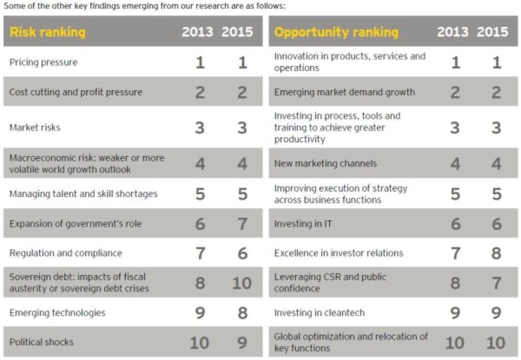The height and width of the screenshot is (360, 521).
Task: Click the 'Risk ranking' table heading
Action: [x=47, y=32]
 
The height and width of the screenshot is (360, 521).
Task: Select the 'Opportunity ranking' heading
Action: [x=336, y=32]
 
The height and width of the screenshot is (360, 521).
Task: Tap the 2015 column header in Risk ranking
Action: [x=237, y=32]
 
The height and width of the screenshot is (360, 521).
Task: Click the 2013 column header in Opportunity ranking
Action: [x=452, y=32]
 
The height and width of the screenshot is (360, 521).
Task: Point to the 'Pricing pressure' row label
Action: [x=43, y=62]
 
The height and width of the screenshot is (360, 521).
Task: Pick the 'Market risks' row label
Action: [x=35, y=128]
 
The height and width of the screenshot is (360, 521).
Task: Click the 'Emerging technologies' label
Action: [x=57, y=312]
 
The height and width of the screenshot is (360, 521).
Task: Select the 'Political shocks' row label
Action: [x=41, y=342]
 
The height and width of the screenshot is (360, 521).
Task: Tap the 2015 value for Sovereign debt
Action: [x=242, y=283]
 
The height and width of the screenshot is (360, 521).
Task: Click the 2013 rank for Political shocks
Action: [x=199, y=342]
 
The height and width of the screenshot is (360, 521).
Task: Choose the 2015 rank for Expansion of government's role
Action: [x=242, y=223]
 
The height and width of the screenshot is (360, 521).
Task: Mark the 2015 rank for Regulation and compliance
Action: [x=242, y=253]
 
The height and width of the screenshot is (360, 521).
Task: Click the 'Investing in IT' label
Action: [x=302, y=223]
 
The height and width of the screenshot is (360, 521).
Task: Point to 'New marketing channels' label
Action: [x=325, y=163]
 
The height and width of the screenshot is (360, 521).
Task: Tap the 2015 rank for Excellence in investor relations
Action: [x=496, y=253]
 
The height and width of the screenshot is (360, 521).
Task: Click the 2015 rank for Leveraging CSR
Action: [x=496, y=283]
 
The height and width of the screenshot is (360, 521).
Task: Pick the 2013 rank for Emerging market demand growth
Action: [x=455, y=92]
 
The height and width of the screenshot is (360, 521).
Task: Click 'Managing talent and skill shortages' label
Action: [x=83, y=194]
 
